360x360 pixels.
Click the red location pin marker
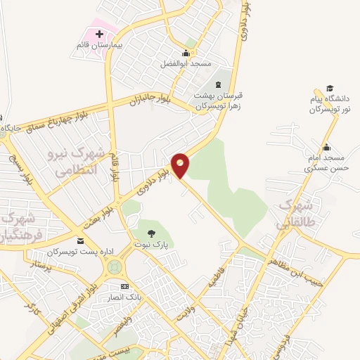[181, 165]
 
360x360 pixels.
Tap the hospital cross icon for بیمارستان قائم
[98, 33]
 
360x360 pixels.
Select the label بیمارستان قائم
[100, 45]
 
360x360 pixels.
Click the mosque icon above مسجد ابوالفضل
[186, 53]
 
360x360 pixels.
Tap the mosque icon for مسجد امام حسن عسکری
[326, 148]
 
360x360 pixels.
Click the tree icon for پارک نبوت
[151, 233]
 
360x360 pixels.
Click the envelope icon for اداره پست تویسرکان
[79, 240]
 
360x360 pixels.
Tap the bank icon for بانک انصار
[124, 286]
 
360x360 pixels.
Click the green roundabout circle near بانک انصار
[113, 267]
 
